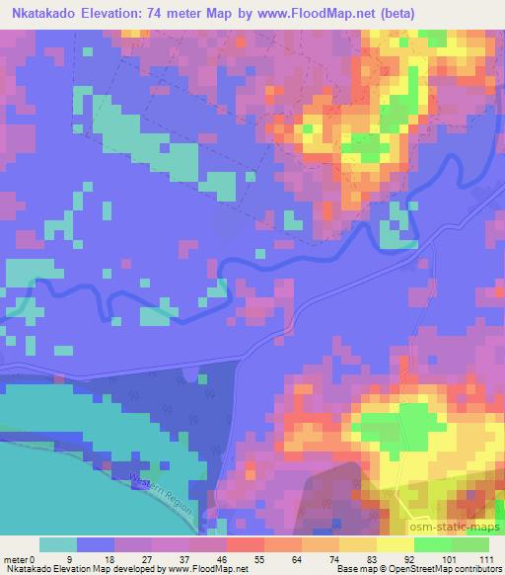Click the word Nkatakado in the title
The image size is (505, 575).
[39, 14]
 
